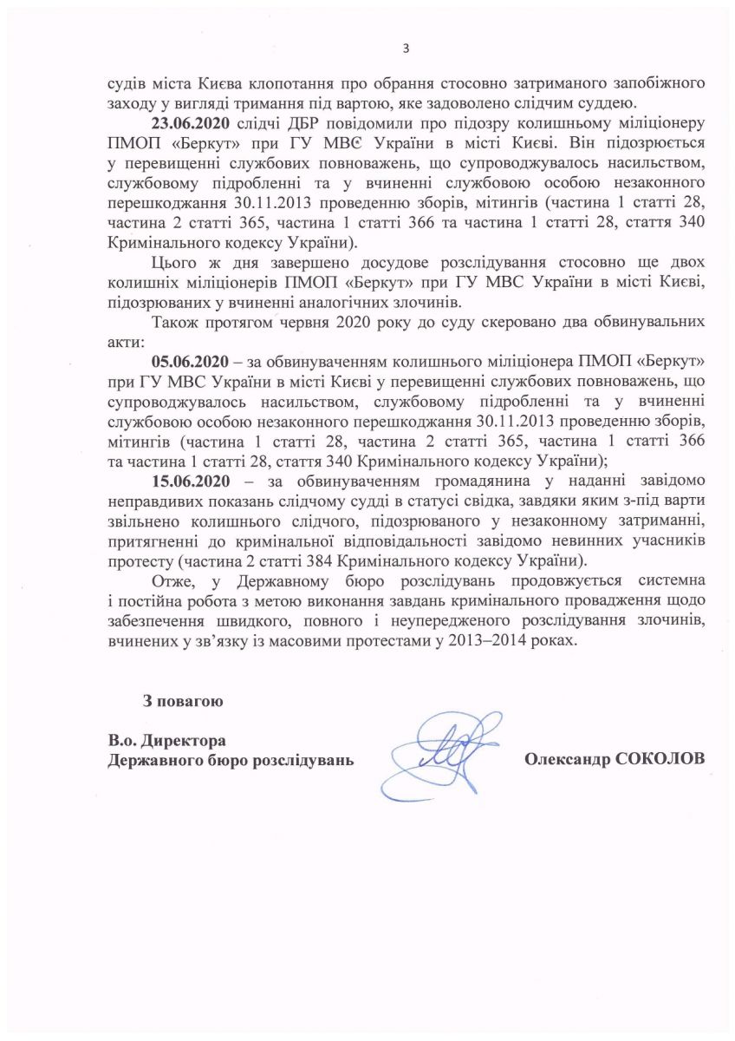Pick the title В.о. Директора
coord(167,742)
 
